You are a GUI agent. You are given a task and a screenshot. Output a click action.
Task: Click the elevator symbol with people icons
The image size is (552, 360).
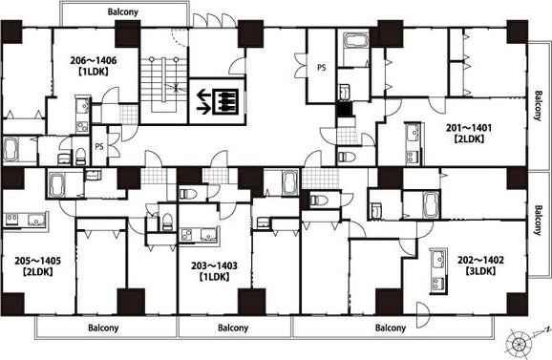tap(225, 102)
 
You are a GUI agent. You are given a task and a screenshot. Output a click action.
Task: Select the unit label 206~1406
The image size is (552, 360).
tap(94, 60)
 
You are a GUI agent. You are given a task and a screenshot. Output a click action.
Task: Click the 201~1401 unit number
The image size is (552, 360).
tap(469, 128)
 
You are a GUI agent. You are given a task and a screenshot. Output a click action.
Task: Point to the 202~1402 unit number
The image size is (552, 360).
tap(480, 260)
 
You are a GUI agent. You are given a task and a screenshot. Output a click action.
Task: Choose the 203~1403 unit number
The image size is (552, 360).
tap(214, 265)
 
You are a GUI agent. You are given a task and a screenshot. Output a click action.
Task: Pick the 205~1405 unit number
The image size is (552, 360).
tap(37, 261)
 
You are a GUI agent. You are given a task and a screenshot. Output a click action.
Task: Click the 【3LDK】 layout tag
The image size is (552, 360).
tap(480, 271)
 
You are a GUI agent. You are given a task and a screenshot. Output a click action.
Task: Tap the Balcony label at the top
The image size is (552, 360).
tap(123, 12)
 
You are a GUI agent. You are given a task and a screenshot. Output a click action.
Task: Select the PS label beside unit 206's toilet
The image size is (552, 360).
tap(99, 146)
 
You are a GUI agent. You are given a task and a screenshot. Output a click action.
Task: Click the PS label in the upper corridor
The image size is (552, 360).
tap(322, 67)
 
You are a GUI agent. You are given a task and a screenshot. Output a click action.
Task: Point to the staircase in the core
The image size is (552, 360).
tap(163, 84)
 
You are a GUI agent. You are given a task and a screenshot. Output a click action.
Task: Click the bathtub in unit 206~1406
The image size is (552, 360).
tap(11, 150)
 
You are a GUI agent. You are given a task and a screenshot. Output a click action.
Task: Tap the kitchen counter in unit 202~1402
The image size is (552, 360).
tap(438, 271)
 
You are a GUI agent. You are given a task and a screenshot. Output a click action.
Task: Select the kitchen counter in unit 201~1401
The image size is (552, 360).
tap(414, 143)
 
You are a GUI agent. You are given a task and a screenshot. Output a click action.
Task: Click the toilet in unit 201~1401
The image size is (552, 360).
tap(347, 157)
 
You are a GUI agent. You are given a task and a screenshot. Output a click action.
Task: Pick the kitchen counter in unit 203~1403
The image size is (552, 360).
tap(200, 235)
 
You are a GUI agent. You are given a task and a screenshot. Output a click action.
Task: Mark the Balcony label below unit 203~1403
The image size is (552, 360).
tap(233, 328)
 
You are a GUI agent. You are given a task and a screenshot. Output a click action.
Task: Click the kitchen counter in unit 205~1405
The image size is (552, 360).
tap(25, 221)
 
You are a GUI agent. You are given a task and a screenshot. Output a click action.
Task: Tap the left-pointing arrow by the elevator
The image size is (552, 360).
tap(203, 95)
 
